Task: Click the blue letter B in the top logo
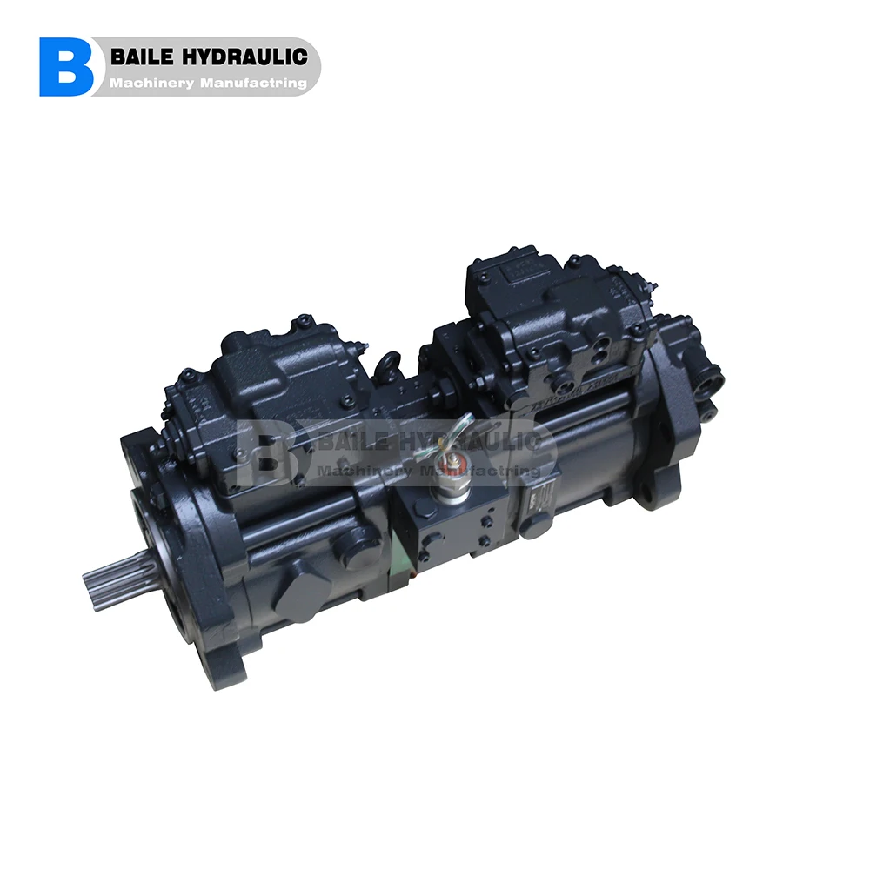(66, 66)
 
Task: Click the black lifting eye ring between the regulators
(390, 366)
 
